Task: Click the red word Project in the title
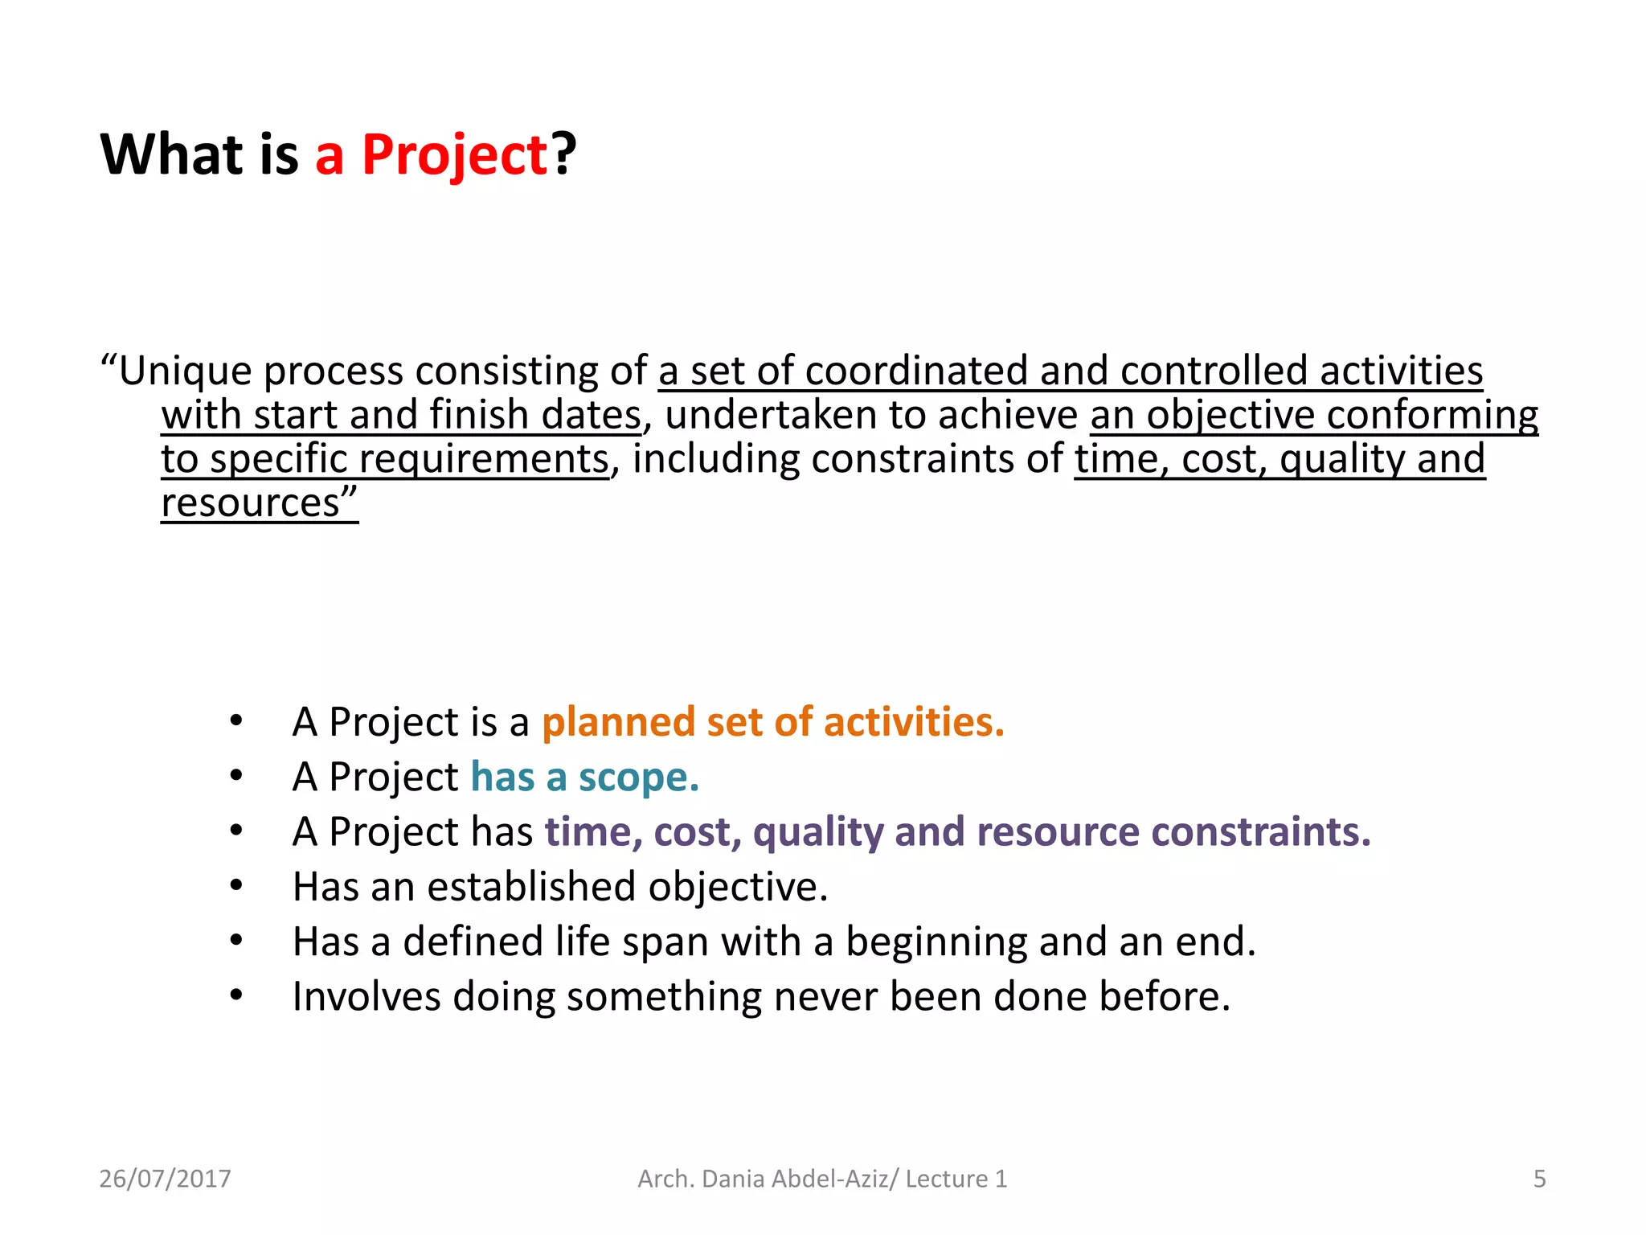(454, 155)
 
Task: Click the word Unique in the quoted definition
(186, 371)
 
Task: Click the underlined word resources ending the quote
(251, 504)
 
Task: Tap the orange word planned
(617, 721)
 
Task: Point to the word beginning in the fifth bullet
(936, 942)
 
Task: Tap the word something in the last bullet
(664, 997)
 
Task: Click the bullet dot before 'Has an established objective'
(235, 886)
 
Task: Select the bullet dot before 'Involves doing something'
(235, 996)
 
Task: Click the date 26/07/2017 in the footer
(165, 1179)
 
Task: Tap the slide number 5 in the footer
(1539, 1179)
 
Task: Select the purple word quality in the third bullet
(818, 831)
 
